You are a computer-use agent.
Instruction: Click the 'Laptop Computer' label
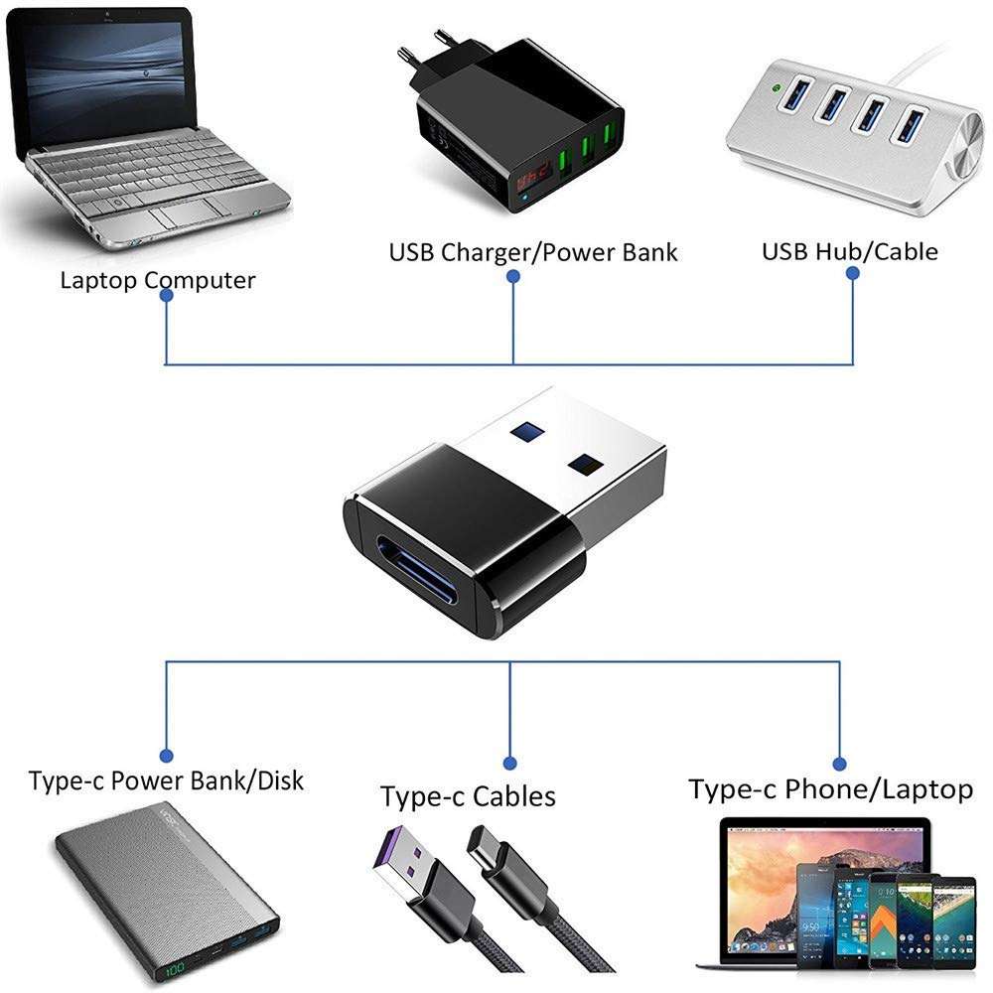pos(157,280)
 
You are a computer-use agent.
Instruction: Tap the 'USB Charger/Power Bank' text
pos(533,252)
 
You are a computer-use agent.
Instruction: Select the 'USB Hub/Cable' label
pos(849,251)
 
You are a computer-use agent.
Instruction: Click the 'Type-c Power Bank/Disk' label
pos(166,780)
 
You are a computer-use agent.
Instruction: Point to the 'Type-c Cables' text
pos(468,796)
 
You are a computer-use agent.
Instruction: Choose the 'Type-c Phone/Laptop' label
pos(830,789)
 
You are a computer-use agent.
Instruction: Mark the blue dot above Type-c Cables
pos(509,763)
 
